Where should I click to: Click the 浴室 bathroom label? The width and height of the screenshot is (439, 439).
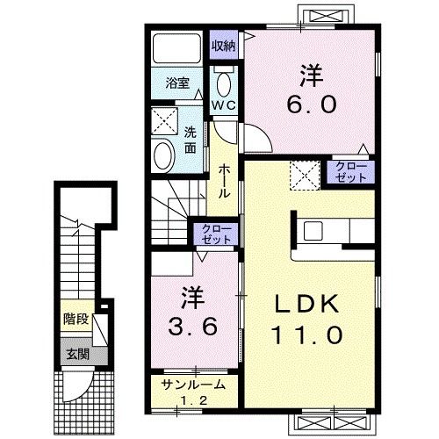click(177, 83)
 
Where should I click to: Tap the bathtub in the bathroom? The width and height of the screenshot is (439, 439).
click(177, 48)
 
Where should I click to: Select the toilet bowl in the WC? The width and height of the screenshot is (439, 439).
click(224, 83)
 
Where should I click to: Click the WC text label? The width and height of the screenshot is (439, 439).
click(224, 105)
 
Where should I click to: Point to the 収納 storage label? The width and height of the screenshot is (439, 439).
click(224, 46)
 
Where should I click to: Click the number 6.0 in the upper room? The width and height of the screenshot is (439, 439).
click(311, 104)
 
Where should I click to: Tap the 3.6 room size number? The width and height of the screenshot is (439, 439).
click(193, 327)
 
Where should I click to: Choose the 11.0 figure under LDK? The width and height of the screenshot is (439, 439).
click(307, 335)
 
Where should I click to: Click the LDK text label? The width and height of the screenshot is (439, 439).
click(306, 305)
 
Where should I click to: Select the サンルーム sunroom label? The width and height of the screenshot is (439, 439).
click(194, 385)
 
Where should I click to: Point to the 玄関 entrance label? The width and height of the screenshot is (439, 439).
click(77, 355)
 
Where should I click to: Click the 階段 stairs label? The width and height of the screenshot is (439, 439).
click(76, 319)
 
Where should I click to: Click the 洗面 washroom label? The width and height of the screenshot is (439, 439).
click(191, 140)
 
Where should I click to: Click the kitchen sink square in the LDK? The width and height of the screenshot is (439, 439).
click(313, 231)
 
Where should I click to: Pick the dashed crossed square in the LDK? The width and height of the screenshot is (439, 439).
click(306, 176)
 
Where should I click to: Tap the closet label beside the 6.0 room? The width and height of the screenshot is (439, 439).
click(350, 172)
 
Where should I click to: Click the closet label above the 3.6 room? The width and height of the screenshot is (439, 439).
click(217, 234)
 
